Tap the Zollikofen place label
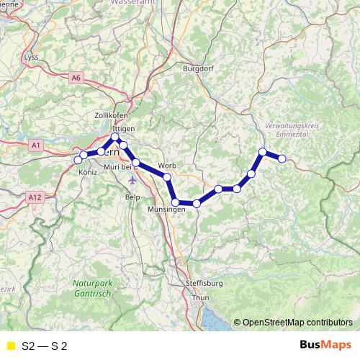point(110,115)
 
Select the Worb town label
point(166,165)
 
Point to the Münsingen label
point(166,209)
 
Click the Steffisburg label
point(205,283)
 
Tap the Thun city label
point(201,297)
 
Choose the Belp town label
point(132,196)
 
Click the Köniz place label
point(88,173)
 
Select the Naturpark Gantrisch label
point(93,289)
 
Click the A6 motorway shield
point(77,77)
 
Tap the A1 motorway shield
point(36,145)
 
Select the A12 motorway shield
point(34,197)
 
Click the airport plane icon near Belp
point(132,180)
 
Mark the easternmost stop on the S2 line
point(282,158)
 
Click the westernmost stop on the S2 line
point(78,160)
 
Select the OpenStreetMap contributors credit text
point(297,323)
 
